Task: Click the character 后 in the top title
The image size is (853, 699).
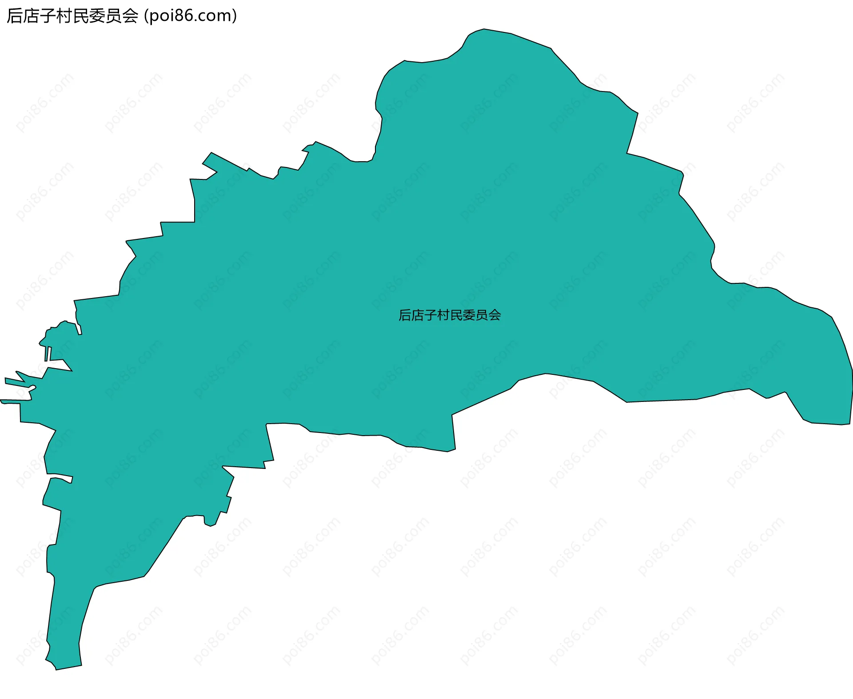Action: [14, 16]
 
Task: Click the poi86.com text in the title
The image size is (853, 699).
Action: [190, 16]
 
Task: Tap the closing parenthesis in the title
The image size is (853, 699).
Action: [234, 16]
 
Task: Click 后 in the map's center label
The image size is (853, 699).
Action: [405, 315]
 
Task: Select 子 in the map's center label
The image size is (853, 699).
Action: [430, 315]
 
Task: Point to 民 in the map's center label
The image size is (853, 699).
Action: [456, 315]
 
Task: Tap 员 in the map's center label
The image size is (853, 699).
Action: [482, 315]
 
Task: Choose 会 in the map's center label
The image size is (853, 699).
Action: [495, 315]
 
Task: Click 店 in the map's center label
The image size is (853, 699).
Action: [418, 315]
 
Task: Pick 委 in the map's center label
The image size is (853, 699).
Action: [469, 315]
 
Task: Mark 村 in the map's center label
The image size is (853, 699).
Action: [443, 315]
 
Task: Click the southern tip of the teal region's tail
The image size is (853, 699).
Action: [67, 666]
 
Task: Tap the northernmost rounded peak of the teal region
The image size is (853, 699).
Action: [484, 31]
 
